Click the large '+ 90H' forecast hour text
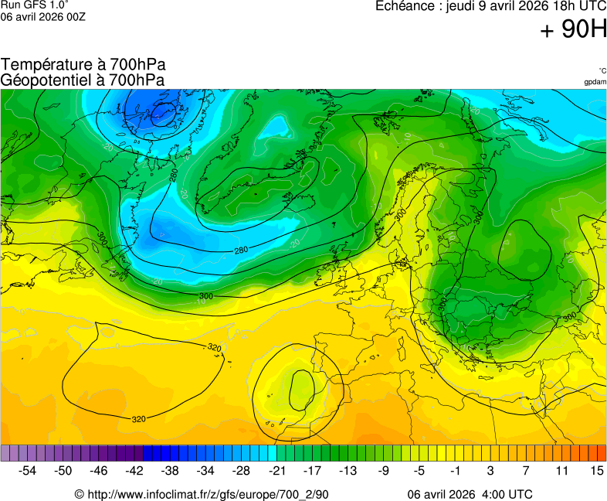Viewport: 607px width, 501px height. [574, 30]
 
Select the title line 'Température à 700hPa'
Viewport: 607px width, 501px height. [83, 64]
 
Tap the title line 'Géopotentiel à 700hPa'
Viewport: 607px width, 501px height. [83, 80]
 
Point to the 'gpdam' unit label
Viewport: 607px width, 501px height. [595, 82]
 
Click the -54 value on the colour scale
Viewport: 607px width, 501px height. [28, 470]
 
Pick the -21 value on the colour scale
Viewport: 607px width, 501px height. [276, 470]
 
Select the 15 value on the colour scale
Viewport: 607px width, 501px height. [596, 470]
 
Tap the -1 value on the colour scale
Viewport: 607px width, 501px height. [455, 470]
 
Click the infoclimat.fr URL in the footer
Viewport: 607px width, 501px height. [202, 494]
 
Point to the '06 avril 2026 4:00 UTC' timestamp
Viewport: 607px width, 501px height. [470, 494]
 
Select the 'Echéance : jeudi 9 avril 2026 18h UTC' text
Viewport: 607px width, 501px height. [490, 6]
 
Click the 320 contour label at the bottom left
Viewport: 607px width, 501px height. [138, 419]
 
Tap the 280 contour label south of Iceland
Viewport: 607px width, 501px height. [241, 250]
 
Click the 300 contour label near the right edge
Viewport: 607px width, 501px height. [570, 317]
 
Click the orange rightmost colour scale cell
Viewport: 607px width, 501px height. [602, 453]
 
